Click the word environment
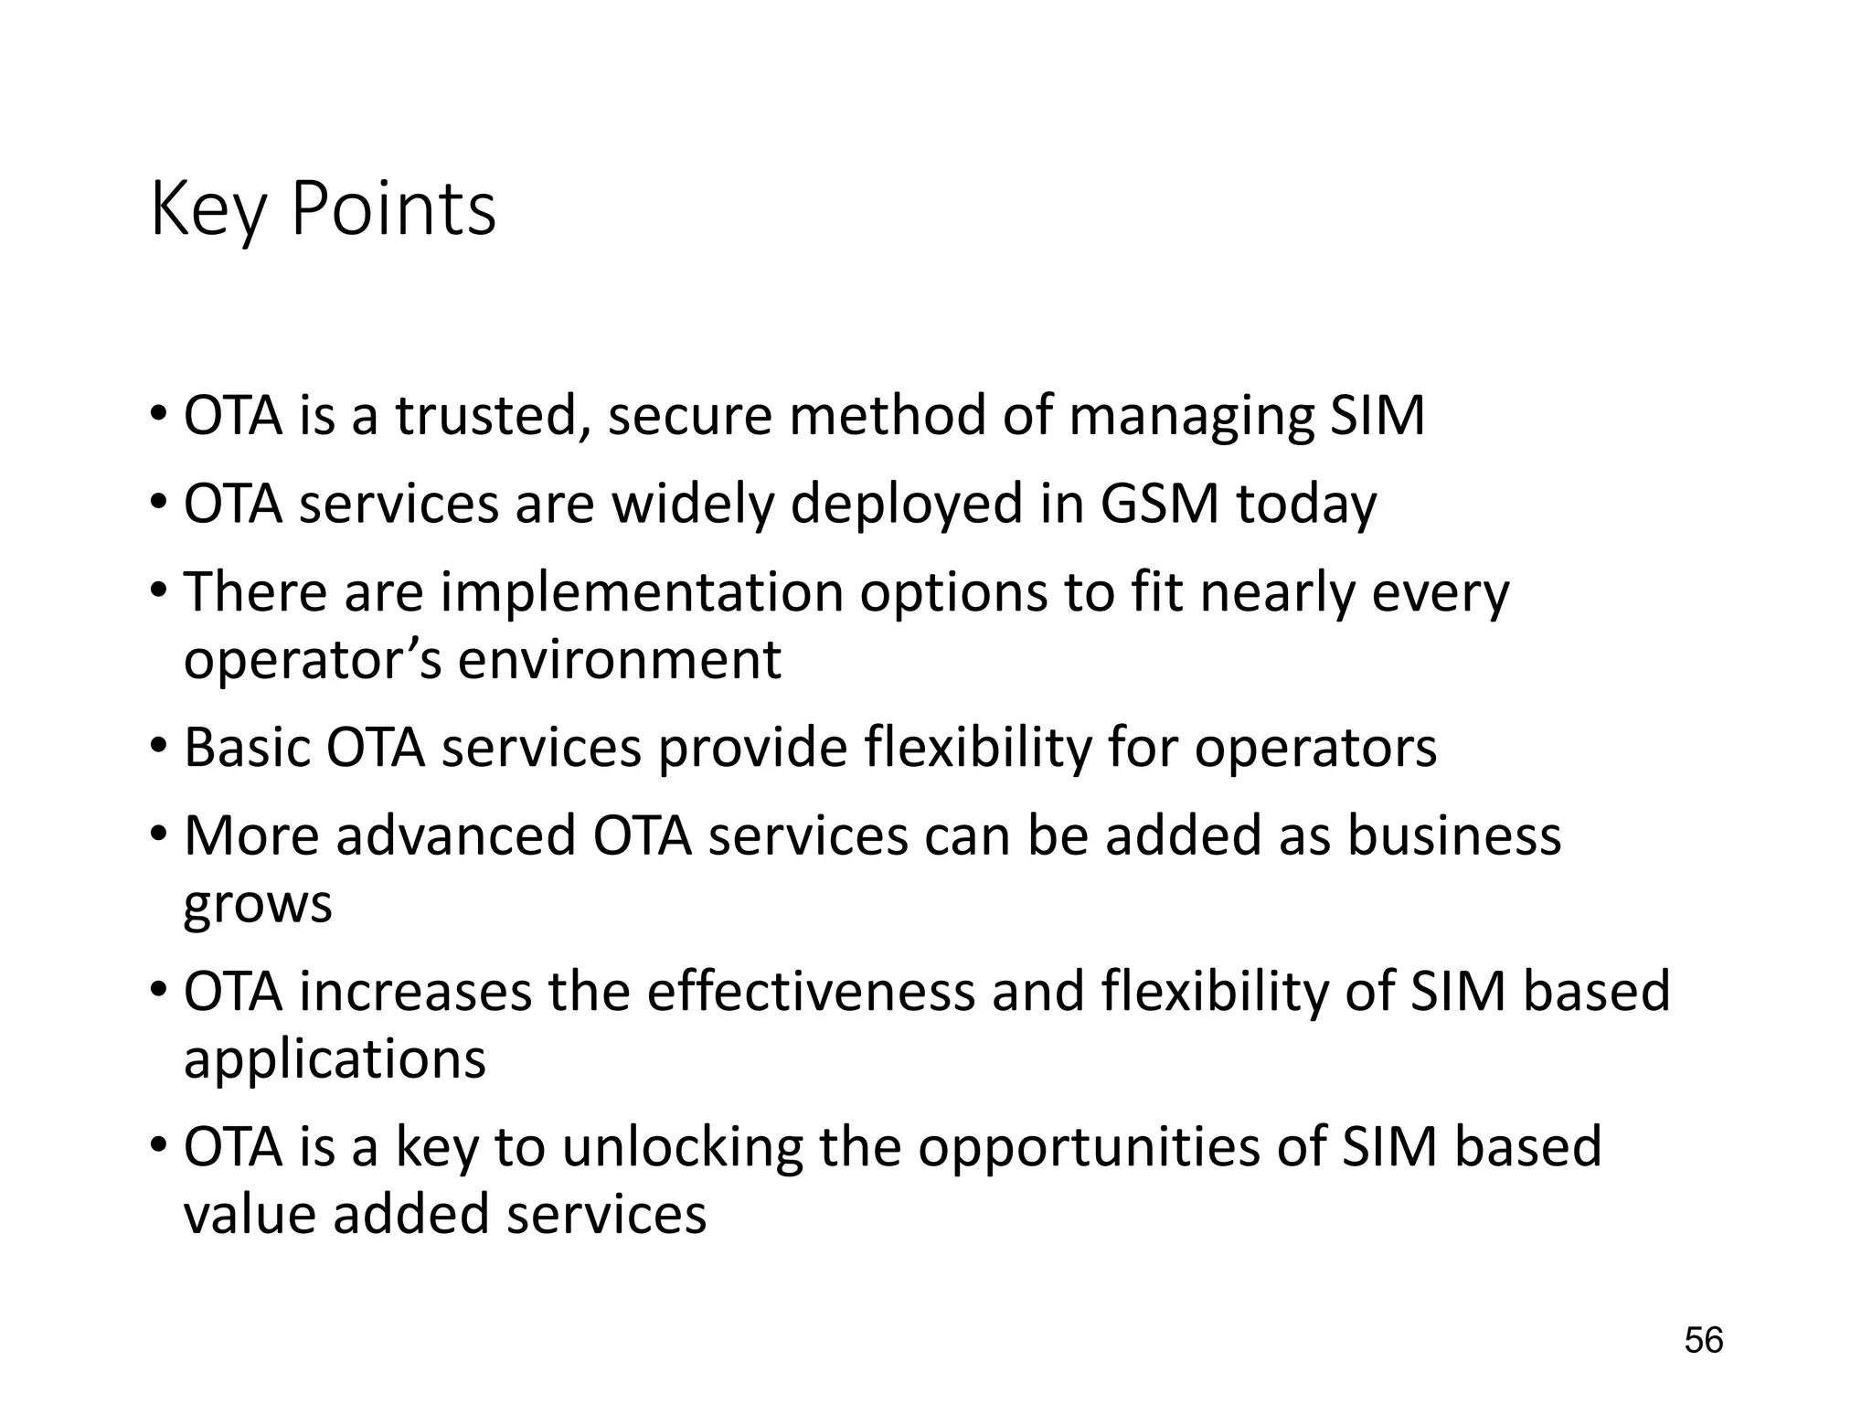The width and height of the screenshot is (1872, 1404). tap(619, 660)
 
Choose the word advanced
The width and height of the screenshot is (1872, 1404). tap(456, 835)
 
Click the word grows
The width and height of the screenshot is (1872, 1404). tap(258, 905)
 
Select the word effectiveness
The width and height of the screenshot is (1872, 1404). tap(811, 992)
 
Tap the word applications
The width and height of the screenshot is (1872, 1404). tap(335, 1060)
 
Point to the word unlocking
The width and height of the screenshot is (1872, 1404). tap(682, 1147)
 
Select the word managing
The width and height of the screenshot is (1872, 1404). tap(1190, 416)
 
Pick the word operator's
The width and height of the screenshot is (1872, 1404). tap(313, 660)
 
